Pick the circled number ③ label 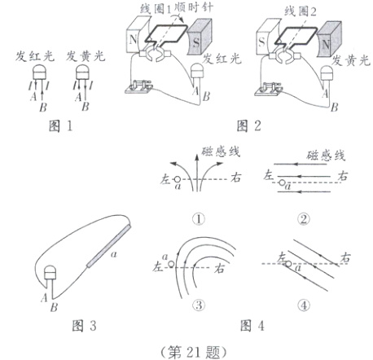tap(197, 303)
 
